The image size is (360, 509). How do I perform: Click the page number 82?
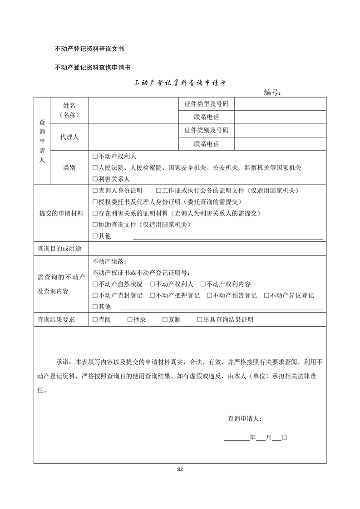(x=180, y=469)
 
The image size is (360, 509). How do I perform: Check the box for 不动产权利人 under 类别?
(x=95, y=157)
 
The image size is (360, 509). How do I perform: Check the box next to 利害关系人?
(x=95, y=179)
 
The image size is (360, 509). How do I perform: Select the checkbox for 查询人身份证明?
(x=95, y=191)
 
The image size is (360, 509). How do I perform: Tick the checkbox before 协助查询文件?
(x=95, y=225)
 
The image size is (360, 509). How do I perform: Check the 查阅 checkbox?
(x=95, y=320)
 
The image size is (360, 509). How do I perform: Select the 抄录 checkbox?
(x=130, y=320)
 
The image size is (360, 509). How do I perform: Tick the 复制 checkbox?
(x=165, y=320)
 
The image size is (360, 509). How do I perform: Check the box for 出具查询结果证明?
(x=200, y=320)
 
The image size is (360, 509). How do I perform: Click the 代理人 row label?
(x=69, y=137)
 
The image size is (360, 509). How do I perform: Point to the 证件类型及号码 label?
(x=206, y=104)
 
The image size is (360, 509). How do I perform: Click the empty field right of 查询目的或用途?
(x=207, y=249)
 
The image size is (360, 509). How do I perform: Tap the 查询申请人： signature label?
(x=244, y=419)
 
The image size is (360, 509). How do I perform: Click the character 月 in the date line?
(x=268, y=438)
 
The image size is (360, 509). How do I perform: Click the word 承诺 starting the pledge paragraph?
(x=63, y=362)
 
